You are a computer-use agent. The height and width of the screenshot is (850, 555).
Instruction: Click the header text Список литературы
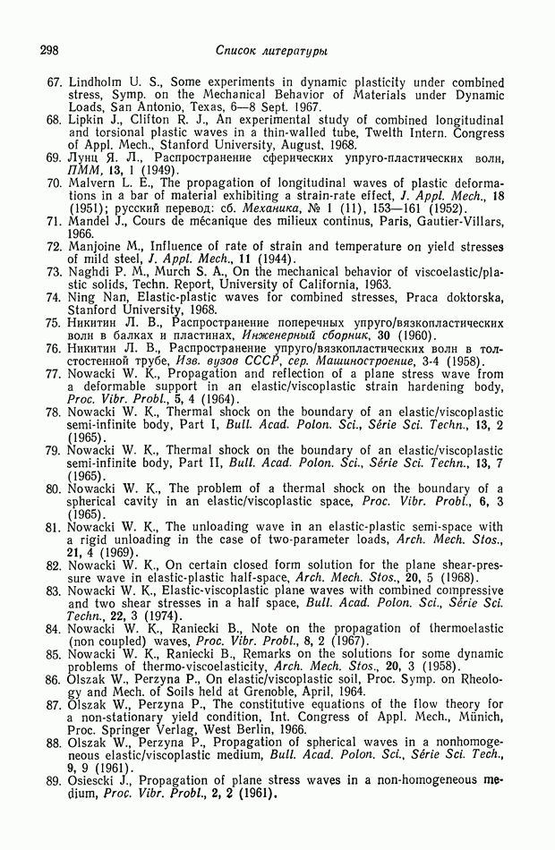coord(271,50)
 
